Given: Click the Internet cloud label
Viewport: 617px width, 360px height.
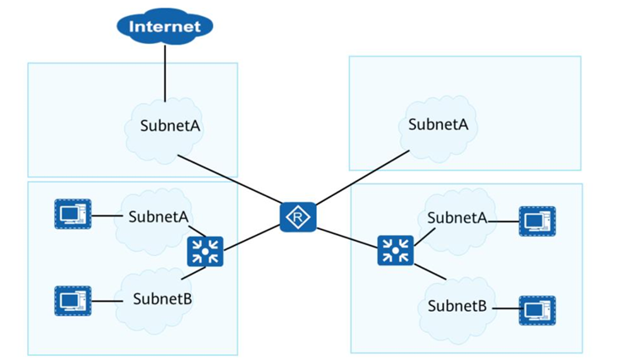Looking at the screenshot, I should (165, 26).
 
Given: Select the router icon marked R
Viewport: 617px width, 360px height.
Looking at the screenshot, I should (298, 217).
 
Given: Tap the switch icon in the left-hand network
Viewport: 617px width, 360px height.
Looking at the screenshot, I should (205, 250).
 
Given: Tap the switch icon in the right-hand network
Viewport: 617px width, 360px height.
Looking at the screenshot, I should (395, 250).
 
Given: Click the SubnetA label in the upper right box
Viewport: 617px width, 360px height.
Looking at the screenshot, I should (438, 124).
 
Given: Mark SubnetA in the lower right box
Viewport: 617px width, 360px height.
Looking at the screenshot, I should (457, 218).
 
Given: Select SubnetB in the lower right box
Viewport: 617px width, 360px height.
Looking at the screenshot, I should (457, 305).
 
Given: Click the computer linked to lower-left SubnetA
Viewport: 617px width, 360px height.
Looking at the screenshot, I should (73, 213).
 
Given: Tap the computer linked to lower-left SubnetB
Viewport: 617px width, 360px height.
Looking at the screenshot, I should (73, 300).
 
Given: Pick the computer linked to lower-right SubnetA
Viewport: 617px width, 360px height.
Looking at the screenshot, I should (537, 221).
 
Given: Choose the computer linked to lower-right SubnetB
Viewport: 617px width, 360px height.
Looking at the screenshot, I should (537, 310).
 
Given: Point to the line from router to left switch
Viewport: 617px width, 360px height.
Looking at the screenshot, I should (251, 234).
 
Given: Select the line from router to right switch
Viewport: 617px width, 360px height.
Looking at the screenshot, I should (347, 234).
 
